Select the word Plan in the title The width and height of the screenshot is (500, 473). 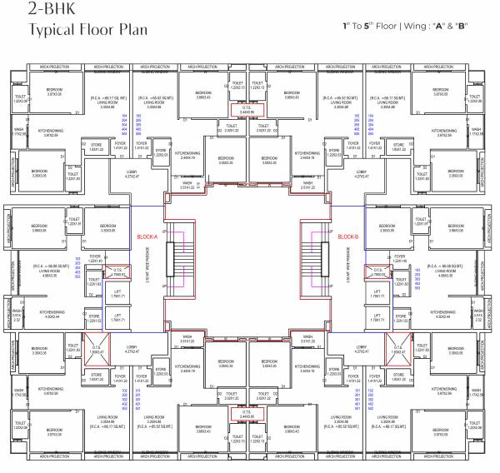[132, 32]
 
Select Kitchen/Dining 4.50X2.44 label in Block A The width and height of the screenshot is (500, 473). [48, 314]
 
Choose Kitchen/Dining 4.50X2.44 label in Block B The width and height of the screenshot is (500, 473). [451, 314]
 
